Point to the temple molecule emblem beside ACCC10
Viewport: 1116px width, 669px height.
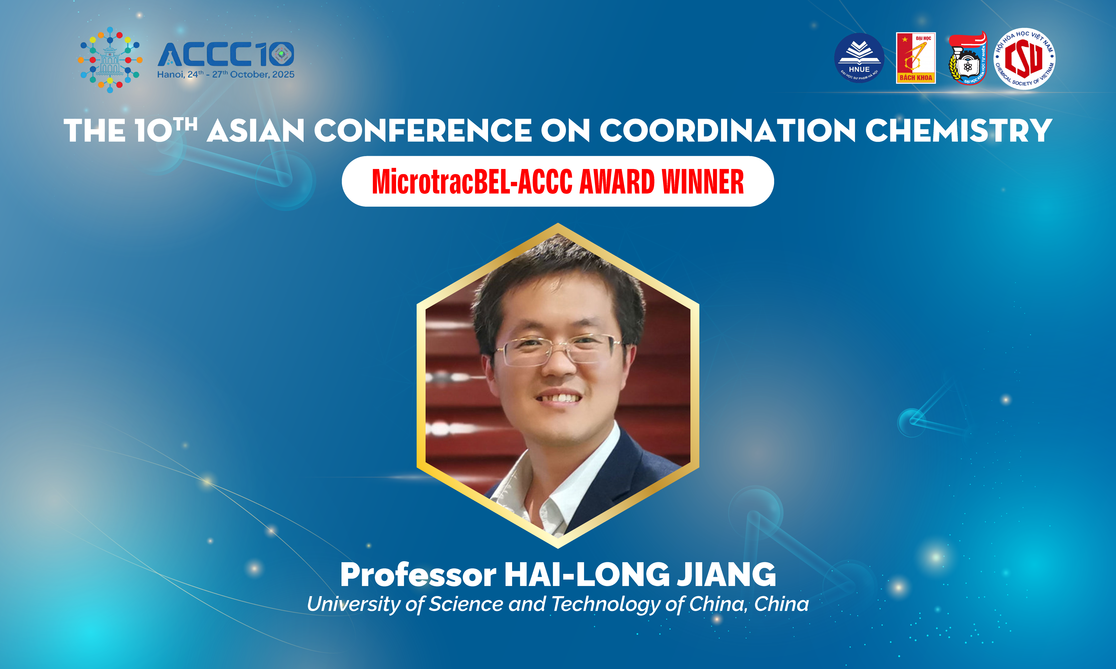110,60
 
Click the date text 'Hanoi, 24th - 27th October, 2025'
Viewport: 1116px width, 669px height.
225,74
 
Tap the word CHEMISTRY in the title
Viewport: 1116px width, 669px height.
959,131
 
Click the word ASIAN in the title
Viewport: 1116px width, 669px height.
256,131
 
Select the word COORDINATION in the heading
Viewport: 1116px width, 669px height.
727,131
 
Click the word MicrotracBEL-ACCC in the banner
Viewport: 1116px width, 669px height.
472,182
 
